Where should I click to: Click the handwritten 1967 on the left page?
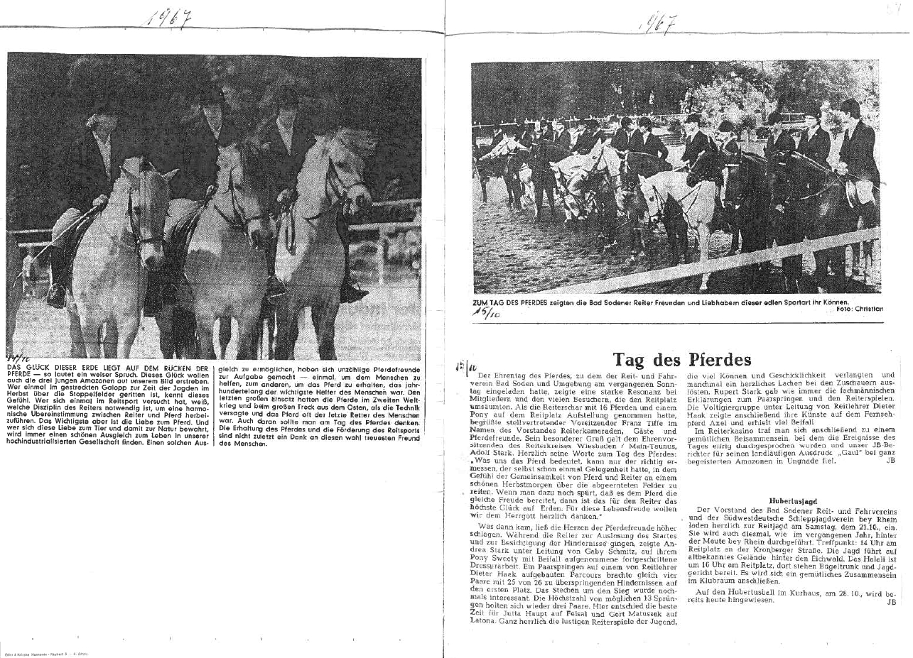click(168, 18)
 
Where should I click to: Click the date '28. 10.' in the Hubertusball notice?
click(838, 591)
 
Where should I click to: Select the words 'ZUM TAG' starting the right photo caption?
click(489, 301)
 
